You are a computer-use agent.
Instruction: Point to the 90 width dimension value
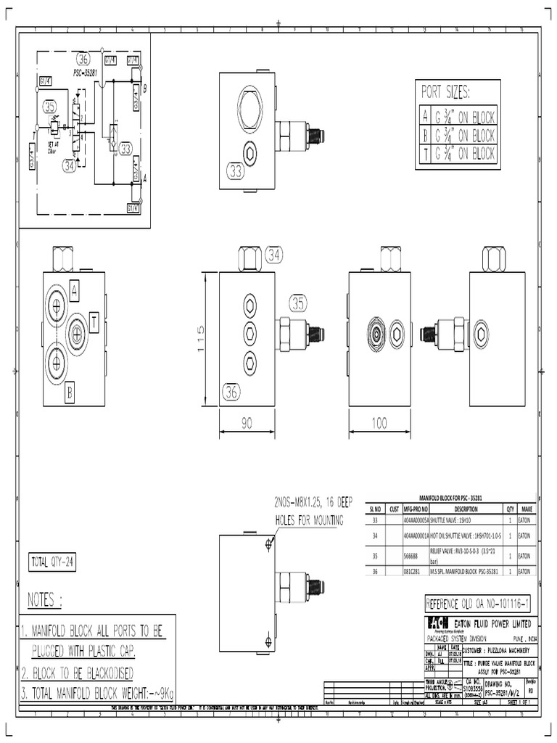pos(247,421)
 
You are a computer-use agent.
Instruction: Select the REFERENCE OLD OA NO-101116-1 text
pos(478,603)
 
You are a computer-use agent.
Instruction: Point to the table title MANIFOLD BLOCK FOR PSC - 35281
pos(450,501)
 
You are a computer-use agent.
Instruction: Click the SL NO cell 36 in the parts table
pos(374,572)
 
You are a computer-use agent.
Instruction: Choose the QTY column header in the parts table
pos(510,509)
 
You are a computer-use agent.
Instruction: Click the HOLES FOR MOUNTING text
pos(308,520)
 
